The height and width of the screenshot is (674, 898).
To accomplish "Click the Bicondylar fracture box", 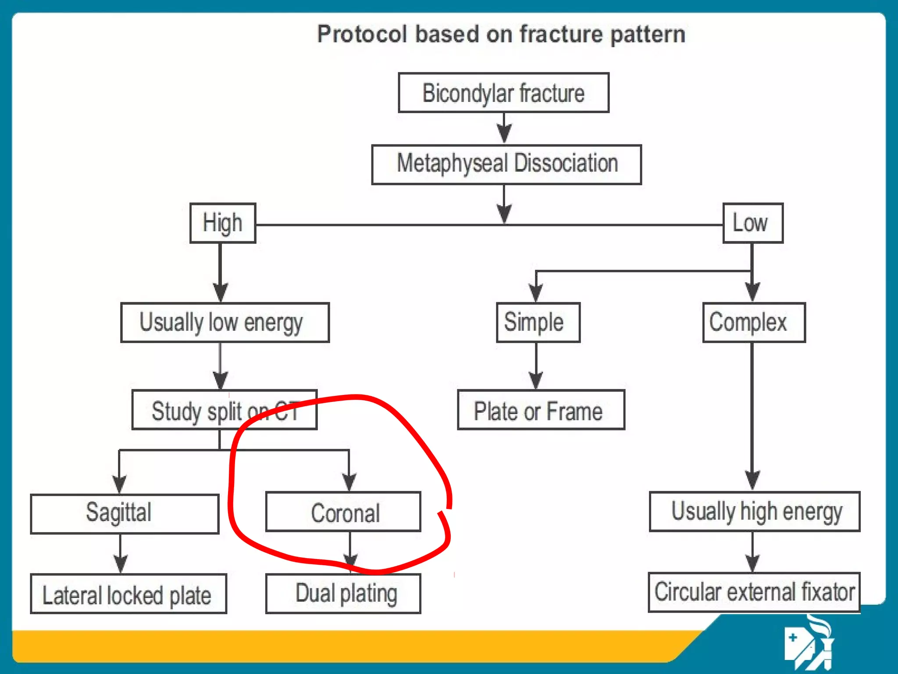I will click(503, 93).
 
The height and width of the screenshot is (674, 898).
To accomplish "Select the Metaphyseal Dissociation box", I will click(506, 165).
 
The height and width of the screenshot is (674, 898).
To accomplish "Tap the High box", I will click(223, 223).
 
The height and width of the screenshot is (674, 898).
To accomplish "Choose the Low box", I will click(753, 223).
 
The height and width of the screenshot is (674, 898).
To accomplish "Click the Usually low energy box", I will click(225, 323).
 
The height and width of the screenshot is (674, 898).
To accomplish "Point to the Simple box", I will click(538, 323).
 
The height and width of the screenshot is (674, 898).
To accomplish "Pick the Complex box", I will click(754, 323).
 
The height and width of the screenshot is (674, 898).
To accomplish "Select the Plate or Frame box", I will click(541, 410).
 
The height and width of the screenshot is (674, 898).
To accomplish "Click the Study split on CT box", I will click(224, 410).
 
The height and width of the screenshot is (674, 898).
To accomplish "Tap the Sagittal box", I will click(125, 514).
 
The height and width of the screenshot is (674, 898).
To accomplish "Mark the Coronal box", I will click(343, 512).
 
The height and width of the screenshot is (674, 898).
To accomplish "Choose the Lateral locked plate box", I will click(128, 594).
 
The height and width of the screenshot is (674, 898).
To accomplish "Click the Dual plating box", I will click(343, 594).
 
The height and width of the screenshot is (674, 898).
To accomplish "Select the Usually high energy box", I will click(755, 512).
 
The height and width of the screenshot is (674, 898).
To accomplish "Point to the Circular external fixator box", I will click(754, 592).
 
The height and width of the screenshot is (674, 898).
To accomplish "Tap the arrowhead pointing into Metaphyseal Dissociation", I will click(504, 133).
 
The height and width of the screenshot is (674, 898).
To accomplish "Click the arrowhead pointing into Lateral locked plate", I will click(121, 563).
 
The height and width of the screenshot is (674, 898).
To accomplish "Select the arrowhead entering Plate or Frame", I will click(536, 380).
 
